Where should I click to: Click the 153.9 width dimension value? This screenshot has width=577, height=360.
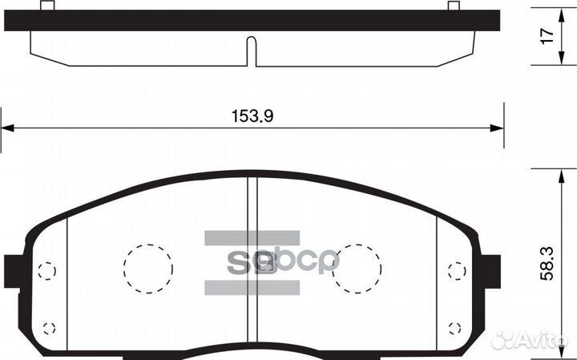(252, 115)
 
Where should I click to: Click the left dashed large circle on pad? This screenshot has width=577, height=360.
(148, 268)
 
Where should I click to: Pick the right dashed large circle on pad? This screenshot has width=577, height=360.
(357, 267)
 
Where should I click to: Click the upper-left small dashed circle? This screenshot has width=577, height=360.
(47, 271)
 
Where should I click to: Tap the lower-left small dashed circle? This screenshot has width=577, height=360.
(48, 327)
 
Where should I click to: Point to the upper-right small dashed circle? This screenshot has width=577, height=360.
(456, 271)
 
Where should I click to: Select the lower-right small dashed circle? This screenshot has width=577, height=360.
(455, 327)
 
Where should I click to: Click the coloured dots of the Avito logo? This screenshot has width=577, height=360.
(502, 340)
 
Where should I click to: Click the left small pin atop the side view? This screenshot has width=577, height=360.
(46, 6)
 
